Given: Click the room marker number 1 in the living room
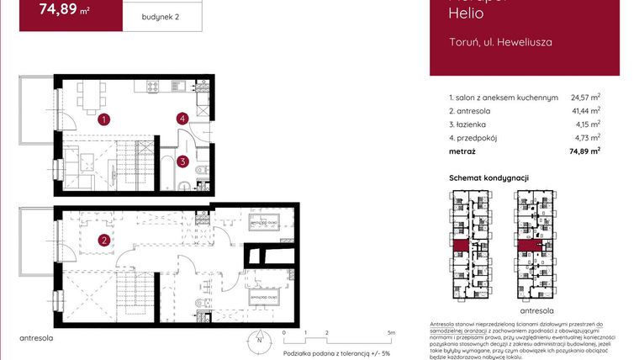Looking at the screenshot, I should coord(103,119).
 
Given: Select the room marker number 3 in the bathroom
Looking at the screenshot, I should coord(182,161).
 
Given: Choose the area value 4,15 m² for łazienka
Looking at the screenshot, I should coord(587,124).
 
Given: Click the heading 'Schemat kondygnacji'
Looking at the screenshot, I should coord(488,177).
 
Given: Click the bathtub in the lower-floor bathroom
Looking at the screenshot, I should coord(167,179).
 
